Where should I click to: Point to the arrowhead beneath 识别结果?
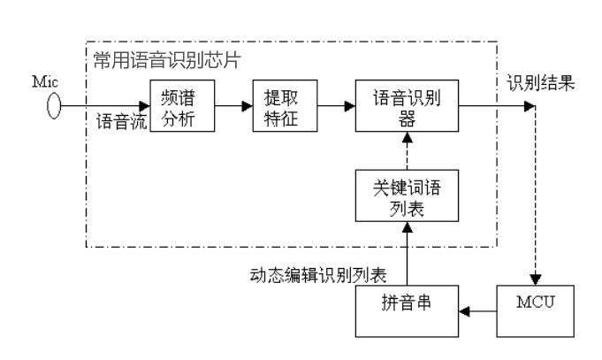(x=530, y=107)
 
